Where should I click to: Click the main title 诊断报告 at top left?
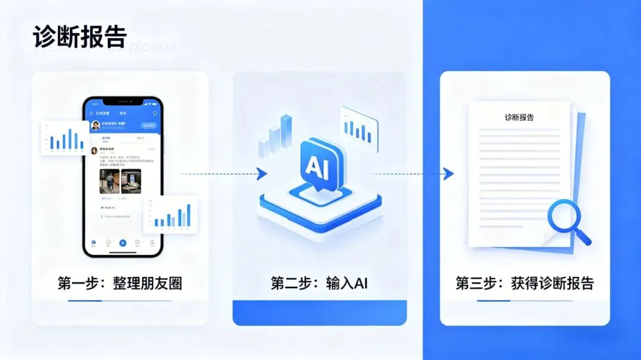[x=80, y=37]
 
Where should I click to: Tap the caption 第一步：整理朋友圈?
[x=120, y=283]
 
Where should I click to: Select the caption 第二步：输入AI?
[x=319, y=283]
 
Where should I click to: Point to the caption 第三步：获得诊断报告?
[x=525, y=283]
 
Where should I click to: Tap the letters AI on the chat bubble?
[x=313, y=167]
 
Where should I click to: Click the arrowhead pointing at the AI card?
[x=261, y=174]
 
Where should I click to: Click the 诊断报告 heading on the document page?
[x=519, y=117]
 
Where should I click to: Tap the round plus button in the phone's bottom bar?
[x=123, y=243]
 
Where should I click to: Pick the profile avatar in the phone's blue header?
[x=95, y=126]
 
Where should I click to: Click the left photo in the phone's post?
[x=109, y=181]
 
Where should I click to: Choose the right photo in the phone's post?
[x=131, y=181]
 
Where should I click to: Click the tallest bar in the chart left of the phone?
[x=70, y=139]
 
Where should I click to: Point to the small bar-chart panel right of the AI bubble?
[x=359, y=126]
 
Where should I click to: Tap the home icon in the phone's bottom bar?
[x=94, y=243]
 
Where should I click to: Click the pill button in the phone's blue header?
[x=148, y=126]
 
